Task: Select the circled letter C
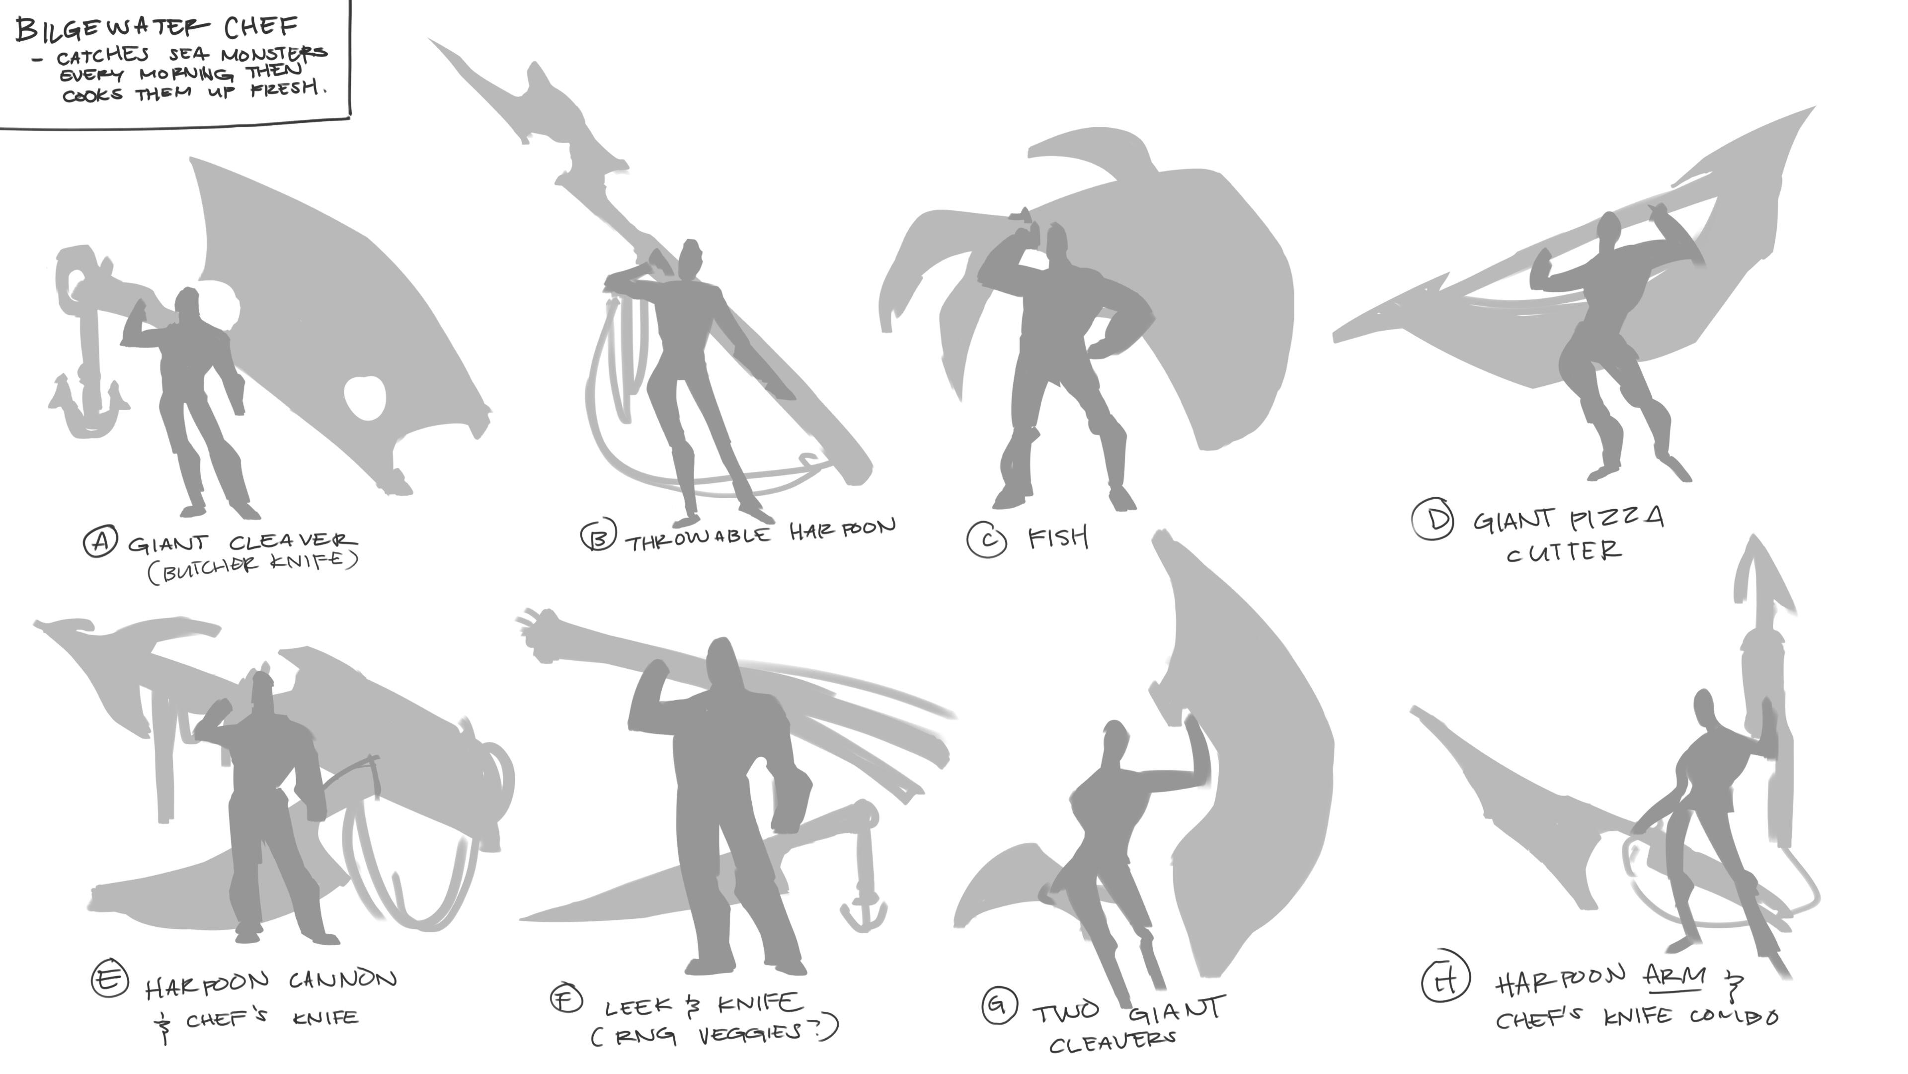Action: (987, 539)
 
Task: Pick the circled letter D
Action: (1432, 520)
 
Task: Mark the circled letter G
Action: (998, 1005)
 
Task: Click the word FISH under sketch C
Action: (1058, 537)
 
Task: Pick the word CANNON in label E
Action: (342, 980)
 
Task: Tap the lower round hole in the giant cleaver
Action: (365, 397)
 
